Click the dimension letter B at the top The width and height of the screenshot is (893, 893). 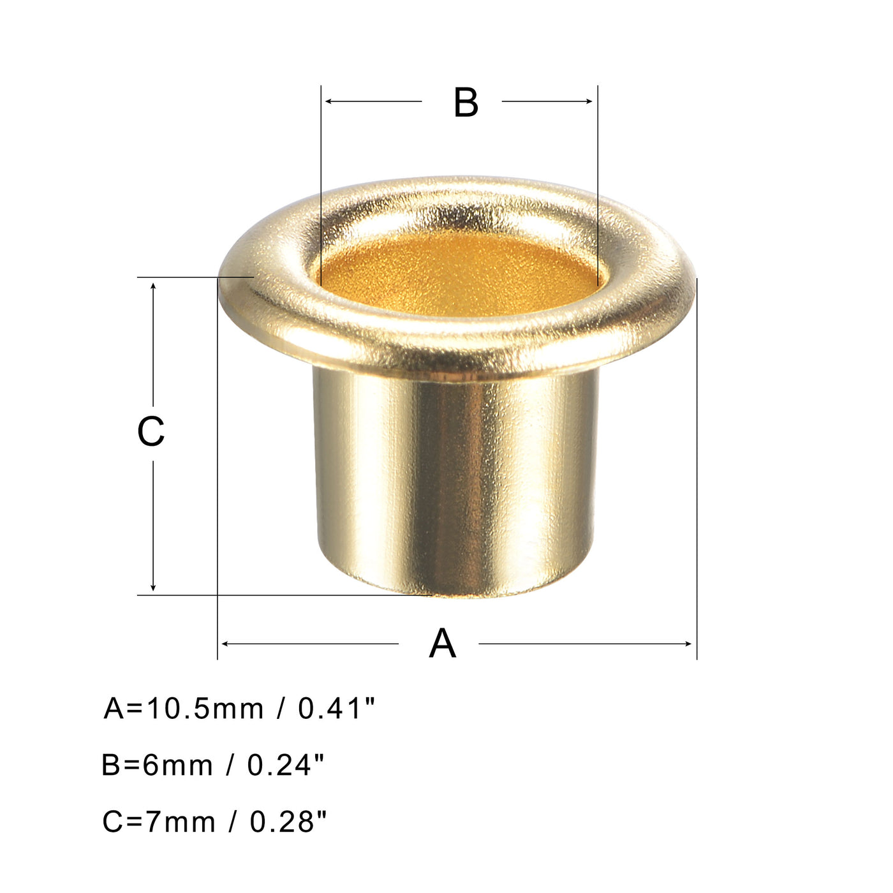(x=466, y=103)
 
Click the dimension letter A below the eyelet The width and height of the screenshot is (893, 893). (x=442, y=644)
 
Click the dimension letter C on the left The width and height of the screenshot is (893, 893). (x=151, y=432)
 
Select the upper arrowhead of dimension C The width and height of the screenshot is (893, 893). (x=153, y=286)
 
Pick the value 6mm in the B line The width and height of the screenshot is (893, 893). (x=178, y=765)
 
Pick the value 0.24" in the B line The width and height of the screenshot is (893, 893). (x=286, y=765)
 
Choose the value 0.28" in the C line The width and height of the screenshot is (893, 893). (x=288, y=822)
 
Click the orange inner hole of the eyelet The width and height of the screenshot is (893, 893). (x=458, y=274)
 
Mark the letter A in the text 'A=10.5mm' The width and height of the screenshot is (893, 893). (x=114, y=709)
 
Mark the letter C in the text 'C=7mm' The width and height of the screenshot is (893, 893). (x=112, y=822)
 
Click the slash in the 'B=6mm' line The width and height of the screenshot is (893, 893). (x=230, y=765)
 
